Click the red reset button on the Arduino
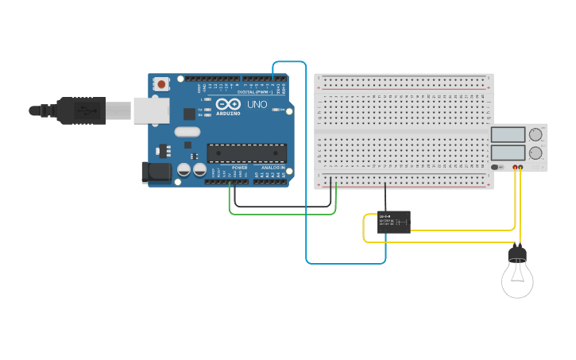point(162,83)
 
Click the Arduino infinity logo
point(227,106)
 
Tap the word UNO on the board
point(257,105)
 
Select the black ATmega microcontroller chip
point(246,153)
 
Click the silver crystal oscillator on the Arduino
point(187,132)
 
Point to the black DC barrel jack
point(155,172)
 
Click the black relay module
point(393,222)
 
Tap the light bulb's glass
point(517,280)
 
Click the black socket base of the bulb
point(517,254)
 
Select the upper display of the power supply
point(508,134)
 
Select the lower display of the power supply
point(508,153)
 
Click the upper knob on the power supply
point(536,134)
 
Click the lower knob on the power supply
point(536,153)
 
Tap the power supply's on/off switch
point(498,167)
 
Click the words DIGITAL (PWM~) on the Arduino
point(254,92)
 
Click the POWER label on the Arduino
point(239,168)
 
